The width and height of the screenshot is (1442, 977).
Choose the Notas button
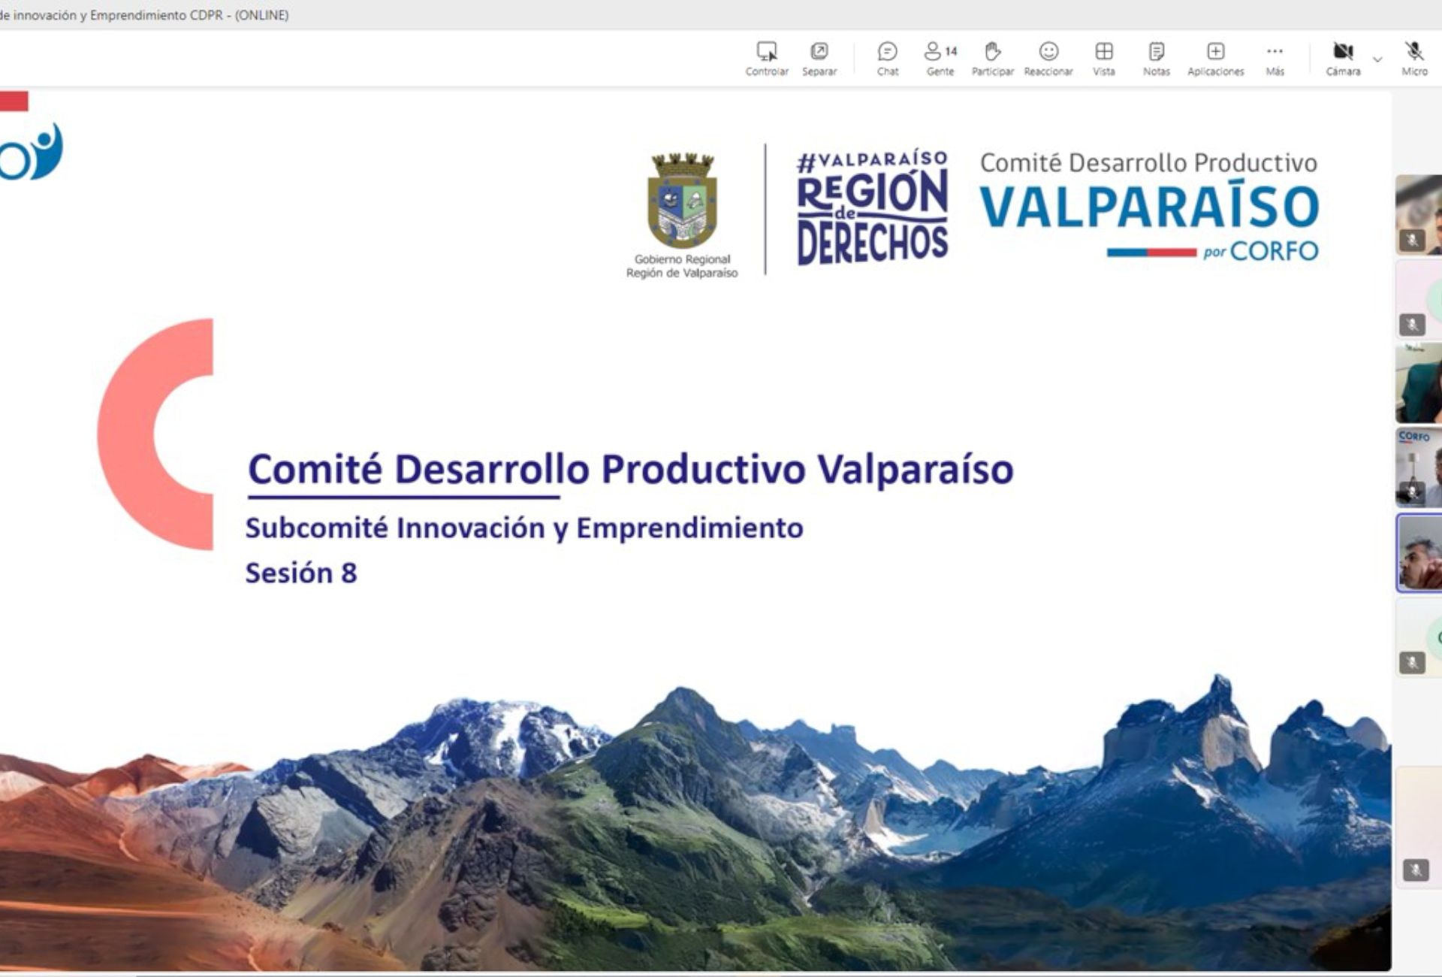tap(1156, 58)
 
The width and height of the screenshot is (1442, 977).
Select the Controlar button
tap(767, 58)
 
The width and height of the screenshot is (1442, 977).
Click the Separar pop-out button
tap(819, 58)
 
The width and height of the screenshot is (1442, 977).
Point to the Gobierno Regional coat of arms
tap(682, 200)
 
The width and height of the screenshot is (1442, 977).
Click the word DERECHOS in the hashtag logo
tap(872, 243)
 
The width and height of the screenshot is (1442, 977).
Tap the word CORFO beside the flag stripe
tap(1274, 251)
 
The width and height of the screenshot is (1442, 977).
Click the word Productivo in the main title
tap(704, 469)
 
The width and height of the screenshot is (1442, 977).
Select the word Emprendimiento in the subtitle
tap(689, 528)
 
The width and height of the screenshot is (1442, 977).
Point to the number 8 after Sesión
tap(348, 573)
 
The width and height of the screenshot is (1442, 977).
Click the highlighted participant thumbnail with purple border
tap(1419, 553)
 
